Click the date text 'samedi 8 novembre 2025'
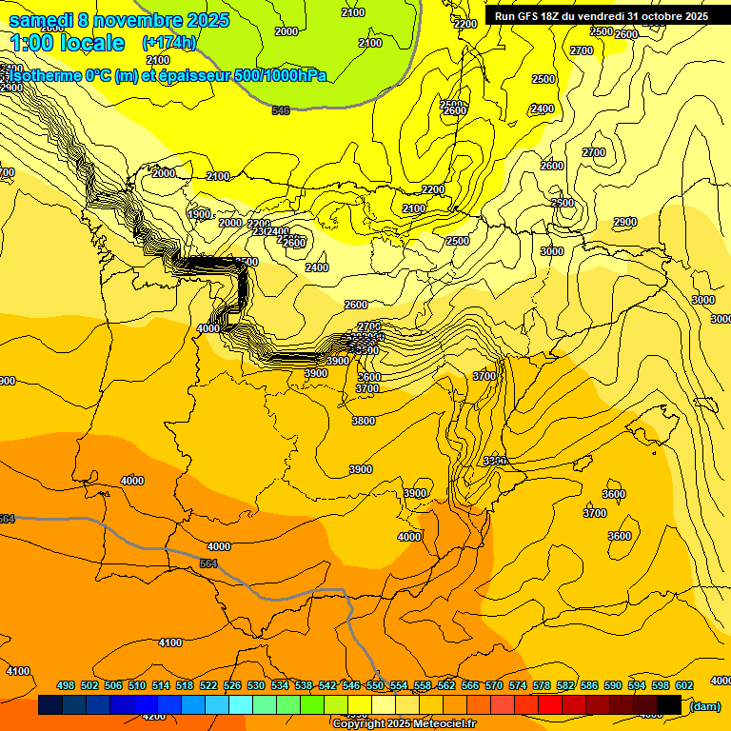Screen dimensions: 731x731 [119, 20]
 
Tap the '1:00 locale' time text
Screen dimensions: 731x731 [68, 43]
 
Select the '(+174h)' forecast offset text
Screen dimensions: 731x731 [169, 43]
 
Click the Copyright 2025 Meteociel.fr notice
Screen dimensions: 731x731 [404, 723]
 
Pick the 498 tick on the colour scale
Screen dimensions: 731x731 [66, 685]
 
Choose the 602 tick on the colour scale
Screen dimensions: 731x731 [684, 685]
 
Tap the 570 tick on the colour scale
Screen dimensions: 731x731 [494, 685]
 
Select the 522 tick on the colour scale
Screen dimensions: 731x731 [208, 685]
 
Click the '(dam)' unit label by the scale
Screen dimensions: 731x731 [704, 705]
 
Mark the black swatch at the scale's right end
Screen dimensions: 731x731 [669, 705]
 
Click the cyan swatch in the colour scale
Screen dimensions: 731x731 [241, 705]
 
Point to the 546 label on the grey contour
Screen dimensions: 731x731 [280, 111]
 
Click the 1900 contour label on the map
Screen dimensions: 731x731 [200, 214]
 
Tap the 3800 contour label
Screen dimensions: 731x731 [364, 421]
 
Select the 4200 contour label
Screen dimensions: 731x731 [152, 716]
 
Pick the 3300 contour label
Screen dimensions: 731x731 [494, 461]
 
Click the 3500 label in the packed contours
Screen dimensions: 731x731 [367, 350]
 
